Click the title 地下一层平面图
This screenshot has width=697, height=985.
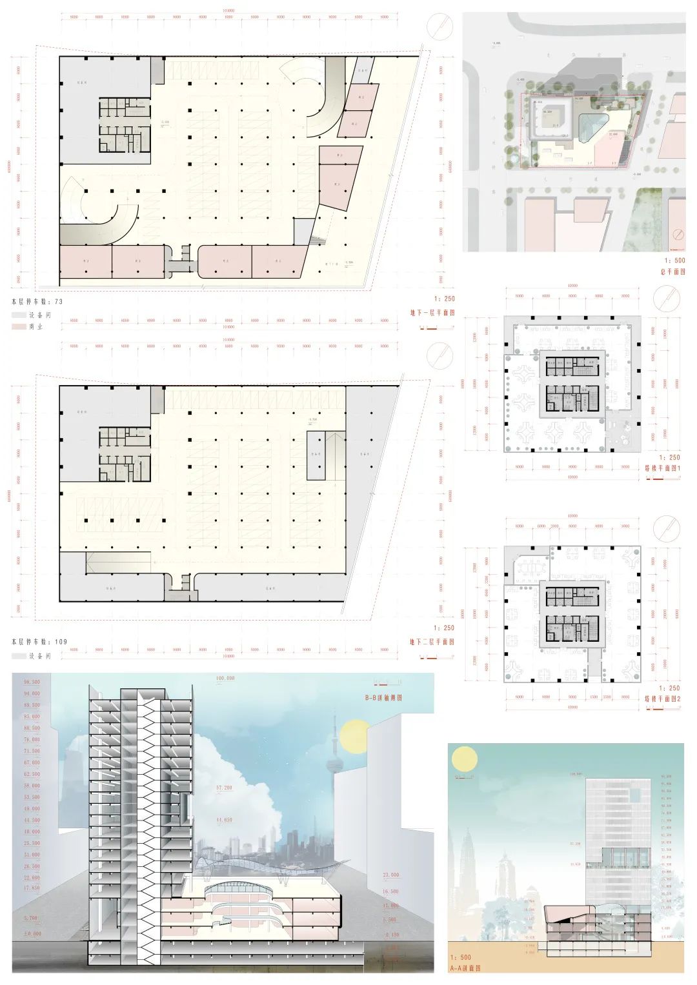[432, 313]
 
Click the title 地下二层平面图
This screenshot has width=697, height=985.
[432, 642]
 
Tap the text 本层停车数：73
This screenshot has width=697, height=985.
[37, 301]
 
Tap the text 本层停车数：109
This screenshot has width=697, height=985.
[39, 642]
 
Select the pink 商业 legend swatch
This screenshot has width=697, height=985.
[18, 327]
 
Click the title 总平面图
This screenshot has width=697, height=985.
[672, 272]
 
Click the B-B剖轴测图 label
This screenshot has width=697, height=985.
[383, 697]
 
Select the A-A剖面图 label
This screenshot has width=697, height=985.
[467, 968]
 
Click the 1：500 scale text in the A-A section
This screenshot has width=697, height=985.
[461, 957]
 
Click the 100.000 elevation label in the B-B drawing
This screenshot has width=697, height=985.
[225, 679]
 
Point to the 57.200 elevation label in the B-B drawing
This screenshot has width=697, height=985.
[224, 788]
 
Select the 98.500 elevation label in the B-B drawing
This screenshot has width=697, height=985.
[32, 682]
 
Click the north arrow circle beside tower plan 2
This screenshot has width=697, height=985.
[666, 529]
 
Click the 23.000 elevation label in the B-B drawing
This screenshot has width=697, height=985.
[390, 875]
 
